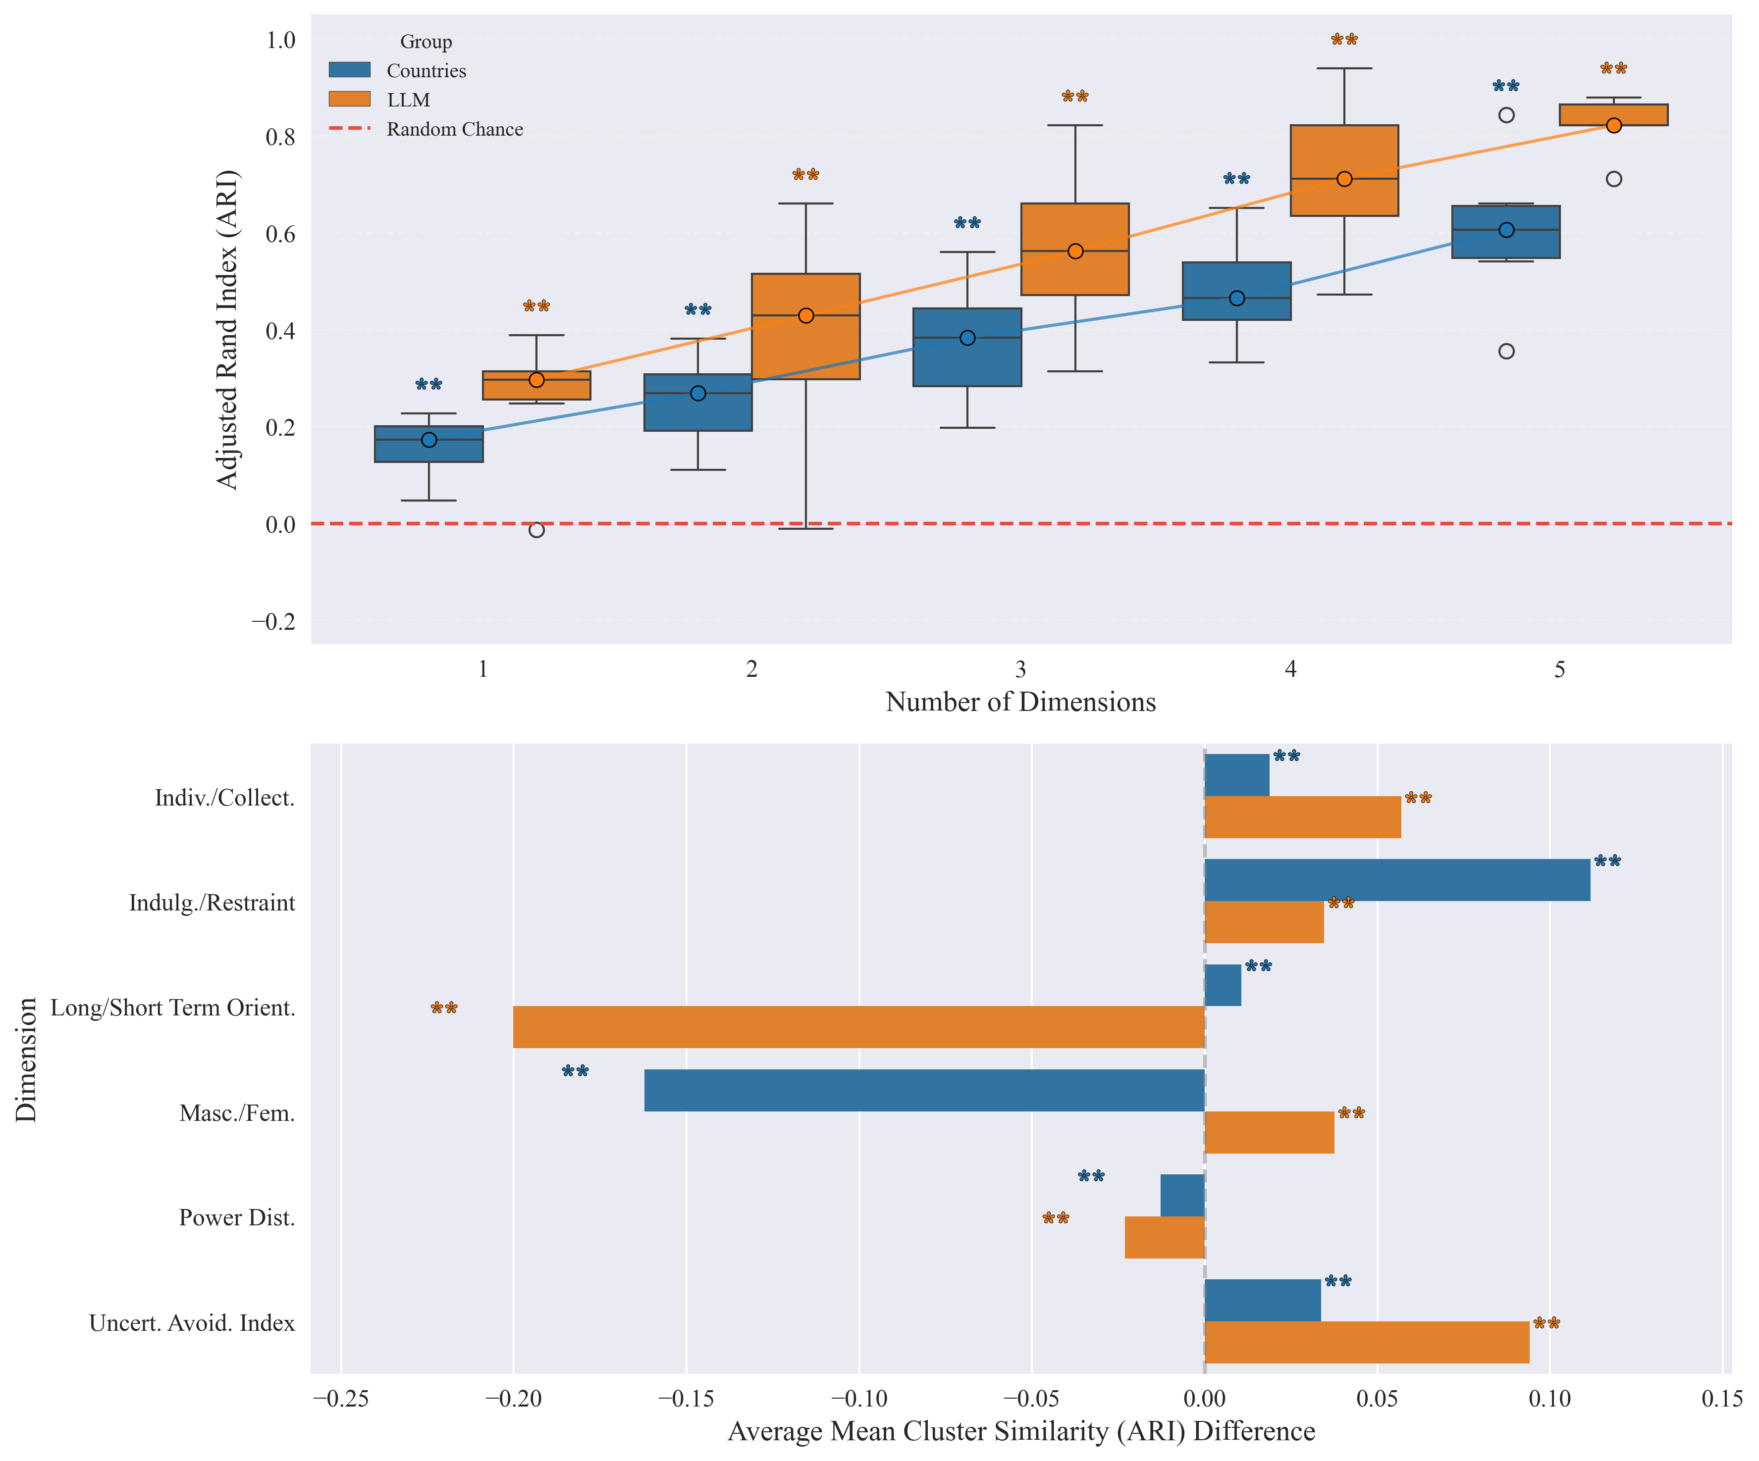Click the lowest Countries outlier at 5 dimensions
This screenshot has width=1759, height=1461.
point(1506,351)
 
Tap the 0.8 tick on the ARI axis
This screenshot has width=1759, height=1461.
point(280,137)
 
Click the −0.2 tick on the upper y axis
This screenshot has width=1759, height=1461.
point(274,621)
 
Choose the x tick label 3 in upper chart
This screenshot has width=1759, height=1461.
point(1020,669)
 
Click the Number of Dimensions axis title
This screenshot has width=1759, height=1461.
point(1020,702)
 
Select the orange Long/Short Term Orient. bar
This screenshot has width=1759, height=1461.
point(858,1026)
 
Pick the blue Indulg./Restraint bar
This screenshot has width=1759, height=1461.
point(1396,880)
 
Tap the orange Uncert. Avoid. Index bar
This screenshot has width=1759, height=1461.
point(1366,1342)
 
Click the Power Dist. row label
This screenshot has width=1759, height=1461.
point(237,1217)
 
